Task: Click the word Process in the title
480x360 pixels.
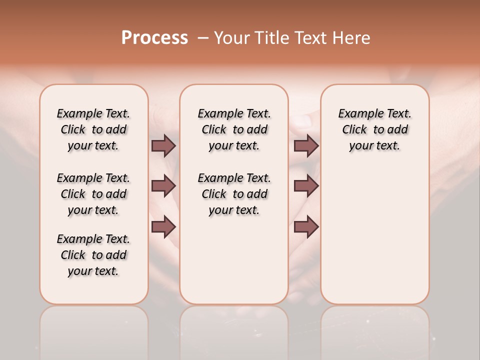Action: tap(154, 38)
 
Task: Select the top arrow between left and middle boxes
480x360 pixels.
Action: tap(163, 145)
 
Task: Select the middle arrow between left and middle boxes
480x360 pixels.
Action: tap(163, 186)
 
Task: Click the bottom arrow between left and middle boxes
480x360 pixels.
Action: tap(163, 226)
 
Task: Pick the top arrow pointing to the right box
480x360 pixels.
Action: tap(306, 145)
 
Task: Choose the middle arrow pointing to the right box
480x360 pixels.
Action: tap(306, 186)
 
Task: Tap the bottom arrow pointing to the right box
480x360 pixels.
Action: tap(306, 226)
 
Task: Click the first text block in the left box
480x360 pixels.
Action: tap(93, 129)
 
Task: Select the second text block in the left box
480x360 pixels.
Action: tap(93, 194)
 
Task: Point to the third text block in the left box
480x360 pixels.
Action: tap(93, 255)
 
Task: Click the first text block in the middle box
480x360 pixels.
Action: tap(234, 129)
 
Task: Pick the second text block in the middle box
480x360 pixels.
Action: tap(234, 194)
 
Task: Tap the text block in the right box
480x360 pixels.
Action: tap(374, 129)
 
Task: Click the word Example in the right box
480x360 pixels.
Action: tap(357, 114)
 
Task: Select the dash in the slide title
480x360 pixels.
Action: tap(203, 38)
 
